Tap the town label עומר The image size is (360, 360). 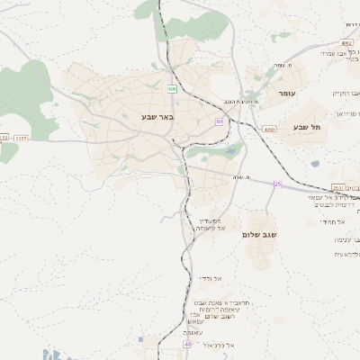(287, 94)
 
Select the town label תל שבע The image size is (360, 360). (307, 127)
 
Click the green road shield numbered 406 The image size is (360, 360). (172, 88)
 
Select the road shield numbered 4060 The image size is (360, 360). (269, 130)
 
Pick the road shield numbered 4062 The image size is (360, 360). (347, 43)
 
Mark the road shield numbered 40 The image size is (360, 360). (188, 344)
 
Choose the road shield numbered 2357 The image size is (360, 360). (22, 138)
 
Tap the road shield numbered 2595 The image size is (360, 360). (338, 187)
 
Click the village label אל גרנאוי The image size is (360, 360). (219, 345)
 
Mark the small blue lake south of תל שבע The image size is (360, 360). (314, 164)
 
